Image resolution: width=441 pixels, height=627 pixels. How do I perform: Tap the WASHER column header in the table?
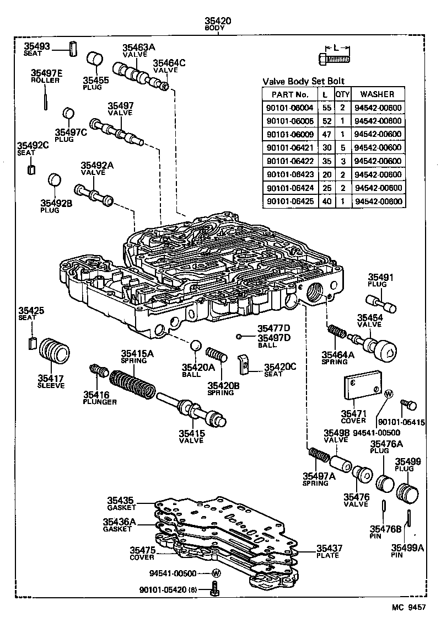tap(378, 94)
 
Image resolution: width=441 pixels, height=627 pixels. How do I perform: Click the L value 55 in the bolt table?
tap(325, 108)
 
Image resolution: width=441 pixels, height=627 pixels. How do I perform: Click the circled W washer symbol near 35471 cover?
tap(388, 394)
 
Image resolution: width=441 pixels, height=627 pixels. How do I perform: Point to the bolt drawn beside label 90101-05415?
tap(408, 406)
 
